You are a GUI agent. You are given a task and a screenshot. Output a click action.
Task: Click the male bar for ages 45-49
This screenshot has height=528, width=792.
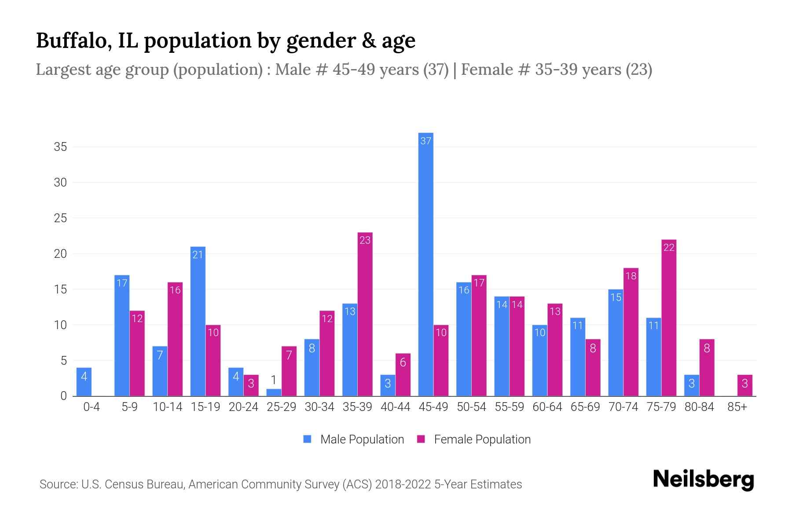pos(425,264)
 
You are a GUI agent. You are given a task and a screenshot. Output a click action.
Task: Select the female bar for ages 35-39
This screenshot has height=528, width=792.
pos(365,314)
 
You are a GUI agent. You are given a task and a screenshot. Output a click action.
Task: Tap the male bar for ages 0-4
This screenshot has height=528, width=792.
pos(84,382)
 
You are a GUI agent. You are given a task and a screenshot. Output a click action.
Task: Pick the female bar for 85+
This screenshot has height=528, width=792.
pos(744,385)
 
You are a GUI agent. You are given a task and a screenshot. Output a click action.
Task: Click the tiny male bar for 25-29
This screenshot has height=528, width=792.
pos(274,392)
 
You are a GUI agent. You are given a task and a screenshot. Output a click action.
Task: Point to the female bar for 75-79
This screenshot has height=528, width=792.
pos(668,318)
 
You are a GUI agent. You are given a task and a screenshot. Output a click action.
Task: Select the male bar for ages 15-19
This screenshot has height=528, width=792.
pos(198,321)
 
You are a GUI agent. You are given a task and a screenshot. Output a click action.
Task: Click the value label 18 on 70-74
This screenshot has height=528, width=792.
pos(631,276)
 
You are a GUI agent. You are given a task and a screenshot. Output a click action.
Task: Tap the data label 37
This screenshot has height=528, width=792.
pos(425,141)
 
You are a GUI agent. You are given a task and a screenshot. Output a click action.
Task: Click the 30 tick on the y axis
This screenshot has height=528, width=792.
pos(60,182)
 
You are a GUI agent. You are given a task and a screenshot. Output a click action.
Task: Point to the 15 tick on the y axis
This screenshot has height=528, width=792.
pos(60,290)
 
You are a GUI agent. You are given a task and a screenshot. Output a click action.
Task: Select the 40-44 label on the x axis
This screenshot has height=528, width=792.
pos(395,407)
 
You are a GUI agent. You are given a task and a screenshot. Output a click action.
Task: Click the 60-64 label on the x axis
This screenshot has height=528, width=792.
pos(547,407)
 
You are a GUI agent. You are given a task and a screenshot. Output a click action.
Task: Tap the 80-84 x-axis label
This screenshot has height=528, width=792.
pos(699,407)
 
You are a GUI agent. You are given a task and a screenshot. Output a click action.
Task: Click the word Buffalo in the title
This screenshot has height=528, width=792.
pos(70,40)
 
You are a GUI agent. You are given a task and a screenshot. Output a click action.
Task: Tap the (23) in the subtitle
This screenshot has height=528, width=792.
pos(639,70)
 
